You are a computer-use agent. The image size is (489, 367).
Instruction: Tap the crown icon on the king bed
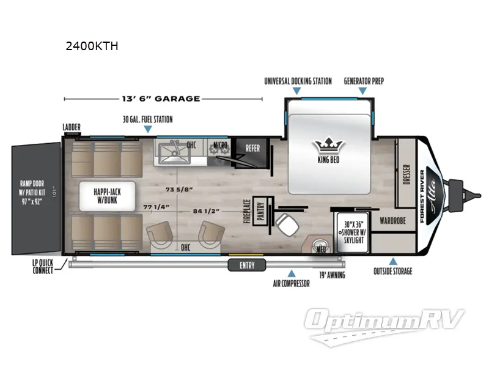[328, 146]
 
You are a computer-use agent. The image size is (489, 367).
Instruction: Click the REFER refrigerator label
[252, 147]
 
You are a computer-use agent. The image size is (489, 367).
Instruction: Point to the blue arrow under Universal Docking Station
[297, 91]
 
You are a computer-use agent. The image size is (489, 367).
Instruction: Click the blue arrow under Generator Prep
[363, 91]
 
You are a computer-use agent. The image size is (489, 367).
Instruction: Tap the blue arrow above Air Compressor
[292, 273]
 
